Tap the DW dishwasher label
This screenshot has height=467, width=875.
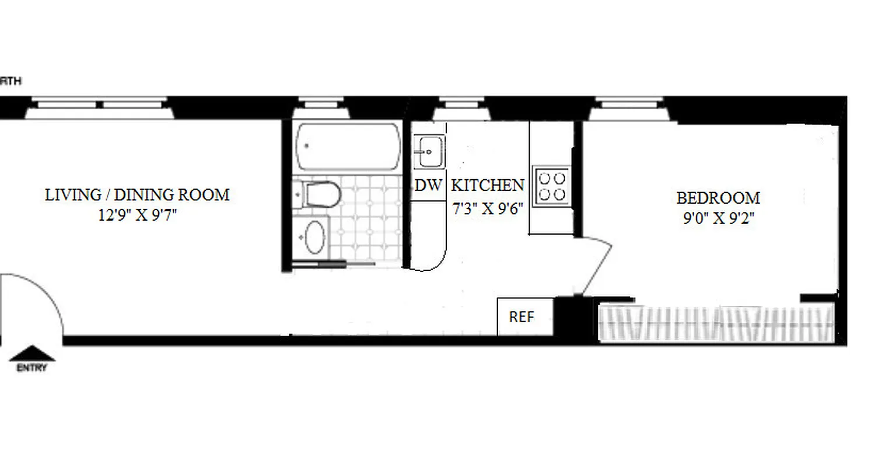429,186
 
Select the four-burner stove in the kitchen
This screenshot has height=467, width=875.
551,185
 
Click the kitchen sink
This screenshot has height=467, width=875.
429,152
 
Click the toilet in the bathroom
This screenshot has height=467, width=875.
318,194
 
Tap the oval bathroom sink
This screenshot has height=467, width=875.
314,236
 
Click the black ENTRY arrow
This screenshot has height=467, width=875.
33,354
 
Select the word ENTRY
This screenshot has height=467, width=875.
32,368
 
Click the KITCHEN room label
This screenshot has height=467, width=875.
488,186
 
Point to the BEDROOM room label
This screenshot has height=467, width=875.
718,198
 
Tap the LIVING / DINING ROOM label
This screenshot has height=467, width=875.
137,194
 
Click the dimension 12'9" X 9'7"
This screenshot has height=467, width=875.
137,215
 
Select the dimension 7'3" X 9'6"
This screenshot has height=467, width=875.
488,208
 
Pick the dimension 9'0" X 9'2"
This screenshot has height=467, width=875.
718,219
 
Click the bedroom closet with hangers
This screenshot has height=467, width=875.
716,322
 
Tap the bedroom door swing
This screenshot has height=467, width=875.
596,266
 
